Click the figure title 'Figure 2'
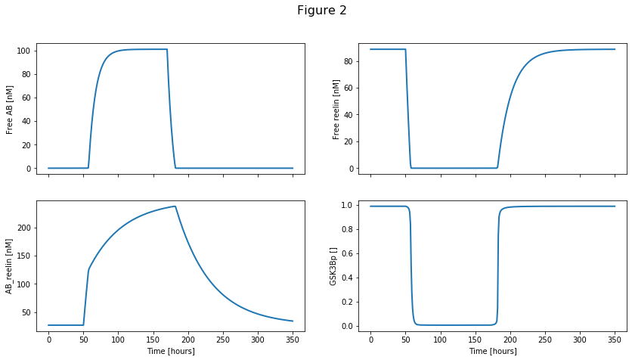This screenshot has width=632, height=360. click(321, 11)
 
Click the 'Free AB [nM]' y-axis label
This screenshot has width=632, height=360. click(11, 109)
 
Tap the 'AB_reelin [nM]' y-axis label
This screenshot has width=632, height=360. click(11, 265)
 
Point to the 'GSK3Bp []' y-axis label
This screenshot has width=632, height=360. click(333, 265)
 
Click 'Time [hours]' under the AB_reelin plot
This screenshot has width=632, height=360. click(170, 351)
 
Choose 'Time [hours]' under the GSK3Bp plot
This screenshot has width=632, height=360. click(492, 351)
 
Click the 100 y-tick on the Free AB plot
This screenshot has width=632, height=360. click(23, 51)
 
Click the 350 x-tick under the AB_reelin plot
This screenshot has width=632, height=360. click(293, 340)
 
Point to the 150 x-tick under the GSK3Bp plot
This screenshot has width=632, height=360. click(475, 340)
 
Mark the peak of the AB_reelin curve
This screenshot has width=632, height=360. click(175, 206)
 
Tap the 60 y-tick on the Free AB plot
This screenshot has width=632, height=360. click(25, 98)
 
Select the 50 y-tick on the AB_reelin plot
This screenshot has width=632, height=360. click(25, 312)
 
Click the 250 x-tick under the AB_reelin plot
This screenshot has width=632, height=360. click(223, 340)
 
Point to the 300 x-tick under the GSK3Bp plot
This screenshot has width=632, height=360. click(580, 340)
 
